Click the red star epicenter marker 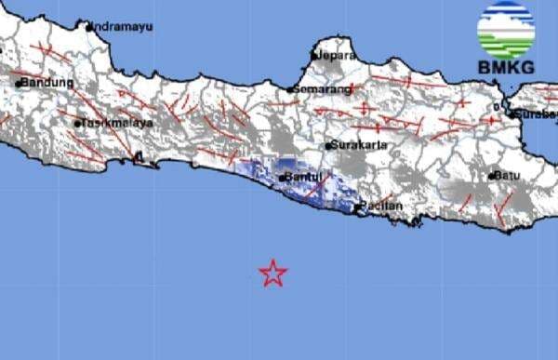[x=272, y=273]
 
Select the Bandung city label [x=47, y=83]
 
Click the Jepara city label [x=338, y=56]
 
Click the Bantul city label [x=303, y=176]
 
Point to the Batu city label [x=508, y=175]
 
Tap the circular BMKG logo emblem [x=506, y=31]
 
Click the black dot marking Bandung [x=18, y=84]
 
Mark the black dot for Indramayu [x=90, y=27]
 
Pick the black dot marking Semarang [x=290, y=90]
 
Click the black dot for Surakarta [x=328, y=146]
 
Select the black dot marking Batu [x=492, y=175]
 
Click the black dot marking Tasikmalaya [x=78, y=123]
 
